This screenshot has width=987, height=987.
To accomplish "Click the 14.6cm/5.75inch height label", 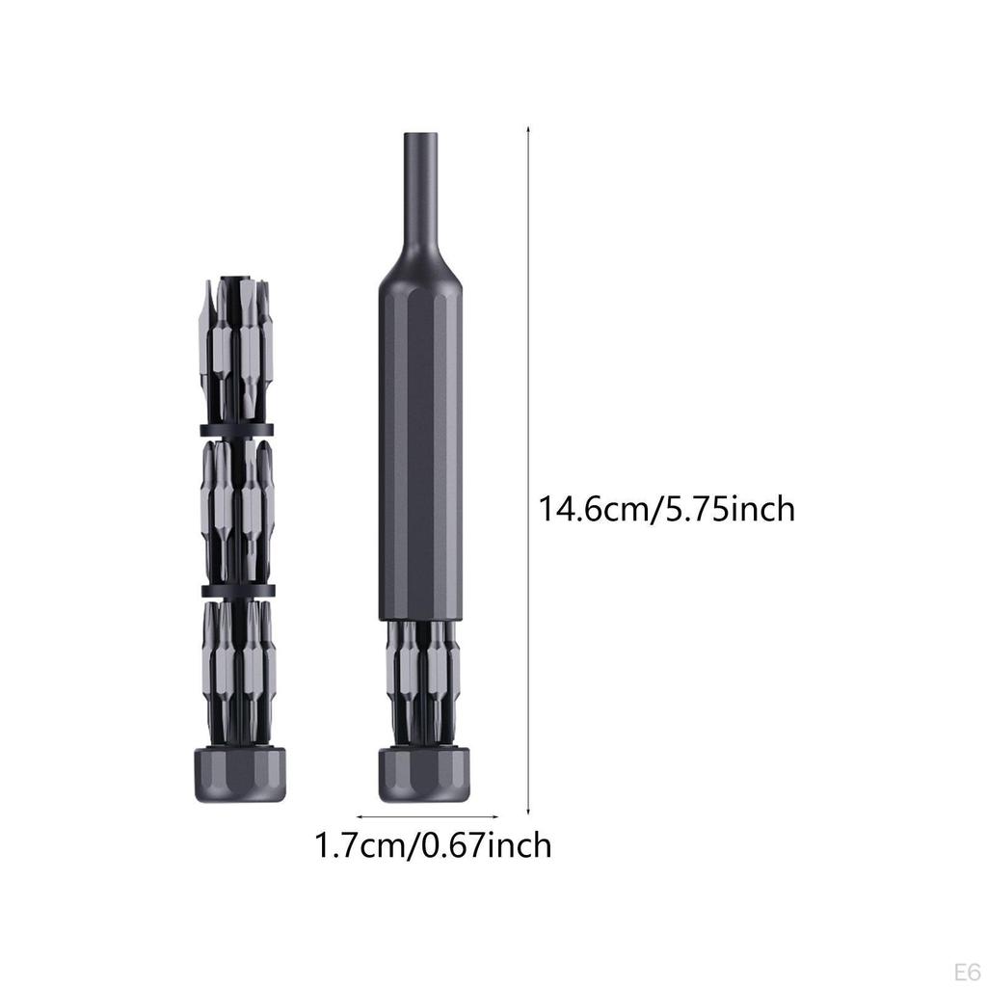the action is click(x=667, y=509).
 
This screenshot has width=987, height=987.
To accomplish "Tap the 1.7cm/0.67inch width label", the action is click(x=433, y=845).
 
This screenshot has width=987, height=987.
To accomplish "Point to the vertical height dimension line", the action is click(x=528, y=470).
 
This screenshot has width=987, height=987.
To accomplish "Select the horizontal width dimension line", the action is click(x=427, y=817).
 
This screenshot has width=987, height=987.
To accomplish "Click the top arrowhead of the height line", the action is click(x=528, y=128).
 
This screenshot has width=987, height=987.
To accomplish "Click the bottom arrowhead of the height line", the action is click(x=528, y=814).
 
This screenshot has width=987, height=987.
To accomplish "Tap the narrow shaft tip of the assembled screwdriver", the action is click(x=421, y=189).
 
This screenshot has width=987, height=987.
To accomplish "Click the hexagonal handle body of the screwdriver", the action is click(x=420, y=450).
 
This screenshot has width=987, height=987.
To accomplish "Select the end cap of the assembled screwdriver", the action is click(x=424, y=774).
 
